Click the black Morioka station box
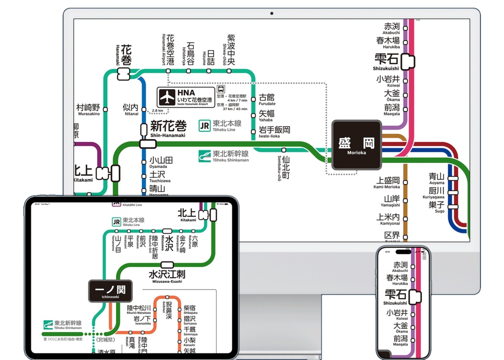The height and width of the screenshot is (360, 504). (356, 145)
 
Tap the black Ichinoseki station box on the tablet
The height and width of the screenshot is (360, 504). (110, 291)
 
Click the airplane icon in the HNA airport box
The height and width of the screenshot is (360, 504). (167, 96)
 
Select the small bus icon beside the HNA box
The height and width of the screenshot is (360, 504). (221, 90)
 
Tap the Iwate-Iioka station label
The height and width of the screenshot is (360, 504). (274, 131)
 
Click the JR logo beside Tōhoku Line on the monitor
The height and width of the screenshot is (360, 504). (205, 125)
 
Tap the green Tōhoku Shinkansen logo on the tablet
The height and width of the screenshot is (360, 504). (48, 325)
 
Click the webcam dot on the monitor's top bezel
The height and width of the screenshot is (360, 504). (272, 13)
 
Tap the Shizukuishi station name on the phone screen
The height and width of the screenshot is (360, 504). (396, 297)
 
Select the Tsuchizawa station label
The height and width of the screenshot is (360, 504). (158, 177)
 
